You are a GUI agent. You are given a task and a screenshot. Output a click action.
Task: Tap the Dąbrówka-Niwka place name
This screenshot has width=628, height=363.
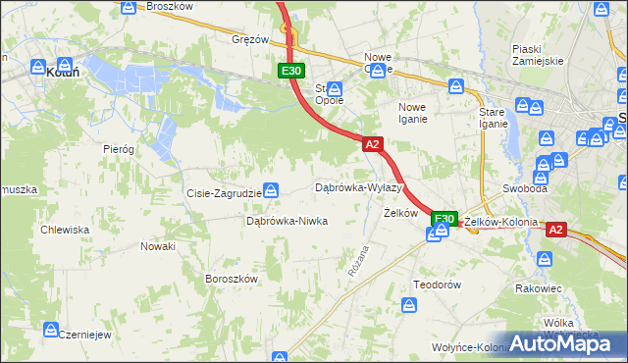tap(287, 221)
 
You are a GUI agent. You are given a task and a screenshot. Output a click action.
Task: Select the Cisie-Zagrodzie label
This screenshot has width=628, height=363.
tap(224, 193)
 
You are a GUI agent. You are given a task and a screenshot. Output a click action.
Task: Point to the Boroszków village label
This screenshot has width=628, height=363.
tap(231, 279)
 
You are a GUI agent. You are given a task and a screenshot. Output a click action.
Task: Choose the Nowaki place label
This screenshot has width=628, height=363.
tap(157, 246)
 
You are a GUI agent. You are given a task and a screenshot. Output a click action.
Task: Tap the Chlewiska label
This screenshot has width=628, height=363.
tap(65, 230)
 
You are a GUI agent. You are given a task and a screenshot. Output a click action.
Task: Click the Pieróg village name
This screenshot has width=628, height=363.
tap(118, 148)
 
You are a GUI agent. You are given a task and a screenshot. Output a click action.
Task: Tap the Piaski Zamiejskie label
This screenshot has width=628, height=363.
tap(537, 54)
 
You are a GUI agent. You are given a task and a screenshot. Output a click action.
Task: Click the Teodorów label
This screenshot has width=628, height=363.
tap(437, 284)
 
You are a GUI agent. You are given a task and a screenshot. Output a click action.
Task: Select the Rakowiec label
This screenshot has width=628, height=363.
tap(538, 288)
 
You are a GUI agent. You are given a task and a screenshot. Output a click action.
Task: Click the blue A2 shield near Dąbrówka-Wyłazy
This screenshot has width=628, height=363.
tap(371, 144)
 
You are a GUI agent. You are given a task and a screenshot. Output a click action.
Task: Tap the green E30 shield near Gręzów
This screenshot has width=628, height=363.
tap(290, 71)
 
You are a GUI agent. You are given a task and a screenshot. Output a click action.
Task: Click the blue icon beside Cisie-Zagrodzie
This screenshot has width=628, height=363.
tap(273, 190)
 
